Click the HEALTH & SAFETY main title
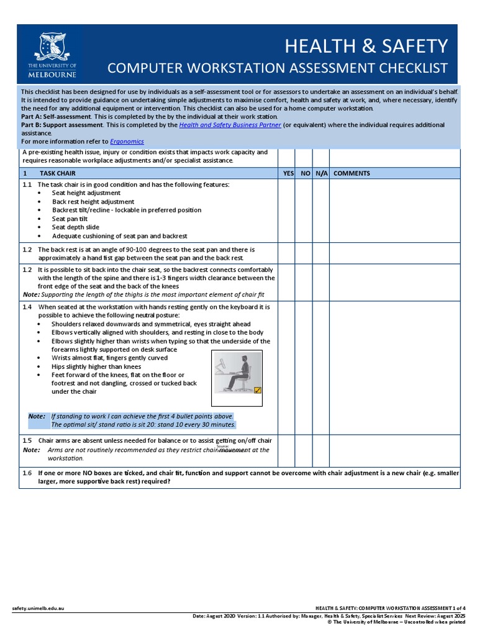(366, 46)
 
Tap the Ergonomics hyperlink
(127, 141)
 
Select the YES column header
(288, 174)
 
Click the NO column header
(305, 174)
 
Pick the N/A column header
(321, 174)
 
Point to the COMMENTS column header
(352, 174)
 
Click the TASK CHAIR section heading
(58, 174)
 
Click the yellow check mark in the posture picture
(258, 390)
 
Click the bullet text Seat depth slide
(76, 227)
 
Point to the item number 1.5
(27, 440)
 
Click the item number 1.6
(27, 473)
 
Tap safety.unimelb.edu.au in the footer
(39, 607)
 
